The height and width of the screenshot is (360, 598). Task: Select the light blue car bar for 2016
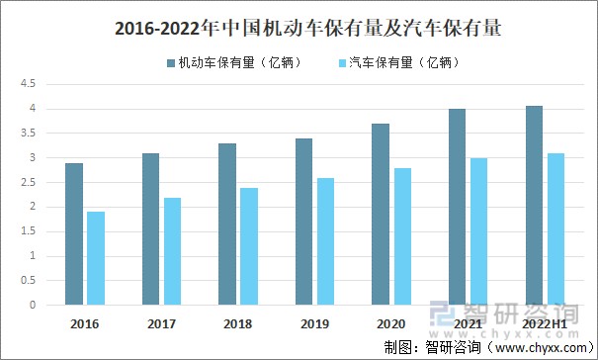[95, 258]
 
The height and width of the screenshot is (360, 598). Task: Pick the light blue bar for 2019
[325, 241]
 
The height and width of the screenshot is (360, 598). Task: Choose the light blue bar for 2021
[478, 231]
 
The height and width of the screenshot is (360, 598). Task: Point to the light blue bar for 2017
[172, 251]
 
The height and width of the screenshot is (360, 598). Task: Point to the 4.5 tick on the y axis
[30, 84]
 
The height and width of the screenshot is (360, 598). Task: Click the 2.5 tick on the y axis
[30, 182]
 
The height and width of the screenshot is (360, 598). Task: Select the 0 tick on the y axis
[34, 306]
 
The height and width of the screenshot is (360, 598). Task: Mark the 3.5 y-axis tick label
[30, 133]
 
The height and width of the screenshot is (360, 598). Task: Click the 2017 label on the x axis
[161, 323]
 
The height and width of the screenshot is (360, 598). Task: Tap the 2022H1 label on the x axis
[544, 323]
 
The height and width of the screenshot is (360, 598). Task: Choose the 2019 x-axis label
[314, 323]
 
